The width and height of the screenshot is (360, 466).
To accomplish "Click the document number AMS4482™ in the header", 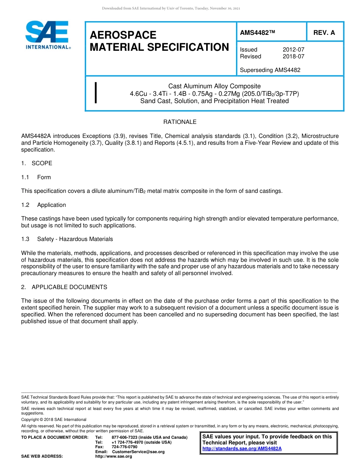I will pos(257,33).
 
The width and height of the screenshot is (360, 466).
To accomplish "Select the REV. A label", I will pos(324,33).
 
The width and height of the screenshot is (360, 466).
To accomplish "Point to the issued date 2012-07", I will pos(293,50).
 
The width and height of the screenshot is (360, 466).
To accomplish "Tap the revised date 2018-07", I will pos(293,56).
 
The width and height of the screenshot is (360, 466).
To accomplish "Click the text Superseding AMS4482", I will pos(270,70).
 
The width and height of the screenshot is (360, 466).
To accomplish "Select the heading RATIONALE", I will pos(180,122).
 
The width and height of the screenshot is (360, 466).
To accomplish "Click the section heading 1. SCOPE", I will pos(37,163).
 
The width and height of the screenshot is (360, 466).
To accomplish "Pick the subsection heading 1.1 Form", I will pos(36,177).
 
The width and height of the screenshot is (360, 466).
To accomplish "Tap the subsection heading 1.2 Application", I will pos(44,205).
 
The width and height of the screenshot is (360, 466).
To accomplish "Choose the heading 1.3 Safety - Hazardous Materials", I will pos(67,239).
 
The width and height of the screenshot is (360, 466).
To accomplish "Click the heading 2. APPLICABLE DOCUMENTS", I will pos(64,287).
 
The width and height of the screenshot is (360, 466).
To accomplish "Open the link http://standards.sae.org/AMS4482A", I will pos(242,449).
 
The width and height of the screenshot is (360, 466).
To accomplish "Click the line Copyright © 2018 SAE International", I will pos(54,419).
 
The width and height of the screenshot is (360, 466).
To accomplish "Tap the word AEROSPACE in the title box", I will pos(123,35).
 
